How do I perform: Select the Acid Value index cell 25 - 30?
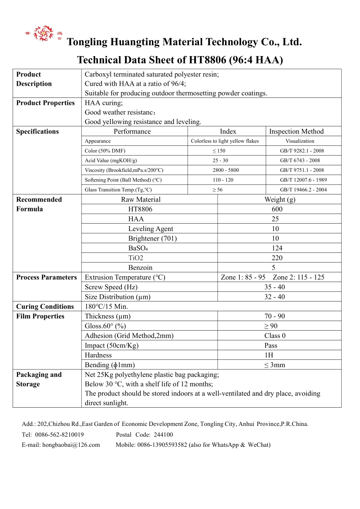click(x=225, y=161)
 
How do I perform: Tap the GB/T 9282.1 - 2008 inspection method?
click(x=302, y=151)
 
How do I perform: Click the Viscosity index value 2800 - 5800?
click(x=225, y=170)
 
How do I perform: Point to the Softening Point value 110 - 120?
click(x=225, y=180)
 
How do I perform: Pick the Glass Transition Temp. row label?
click(x=118, y=190)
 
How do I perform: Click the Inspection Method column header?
click(x=296, y=131)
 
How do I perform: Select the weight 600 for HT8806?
click(x=277, y=209)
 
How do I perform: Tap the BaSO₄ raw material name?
click(x=138, y=248)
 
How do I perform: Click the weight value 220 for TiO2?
click(x=277, y=258)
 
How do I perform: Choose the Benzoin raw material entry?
click(x=140, y=268)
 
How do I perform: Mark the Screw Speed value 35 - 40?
click(x=275, y=287)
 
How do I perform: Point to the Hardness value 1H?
click(x=269, y=355)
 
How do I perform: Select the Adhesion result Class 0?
click(x=275, y=336)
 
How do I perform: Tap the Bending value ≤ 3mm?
click(x=275, y=365)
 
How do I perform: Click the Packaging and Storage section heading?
click(x=39, y=379)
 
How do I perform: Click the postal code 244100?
click(x=164, y=435)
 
